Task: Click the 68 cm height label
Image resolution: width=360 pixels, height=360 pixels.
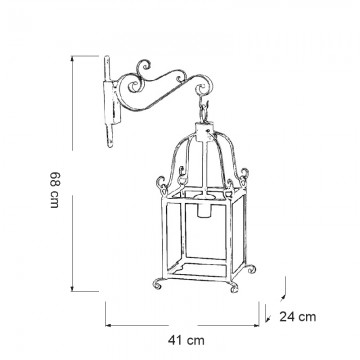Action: tap(54, 190)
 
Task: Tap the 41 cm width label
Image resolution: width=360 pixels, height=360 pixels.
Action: tap(186, 340)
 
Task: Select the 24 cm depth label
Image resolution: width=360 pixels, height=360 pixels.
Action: tap(298, 317)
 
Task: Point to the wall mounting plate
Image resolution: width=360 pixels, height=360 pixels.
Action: tap(111, 102)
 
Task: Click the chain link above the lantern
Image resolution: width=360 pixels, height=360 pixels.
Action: tap(204, 110)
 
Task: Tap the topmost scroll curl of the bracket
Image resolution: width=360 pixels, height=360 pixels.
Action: tap(144, 67)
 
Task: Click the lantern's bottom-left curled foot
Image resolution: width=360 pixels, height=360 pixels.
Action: tap(158, 284)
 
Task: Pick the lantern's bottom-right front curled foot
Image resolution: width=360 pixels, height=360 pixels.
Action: tap(234, 288)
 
